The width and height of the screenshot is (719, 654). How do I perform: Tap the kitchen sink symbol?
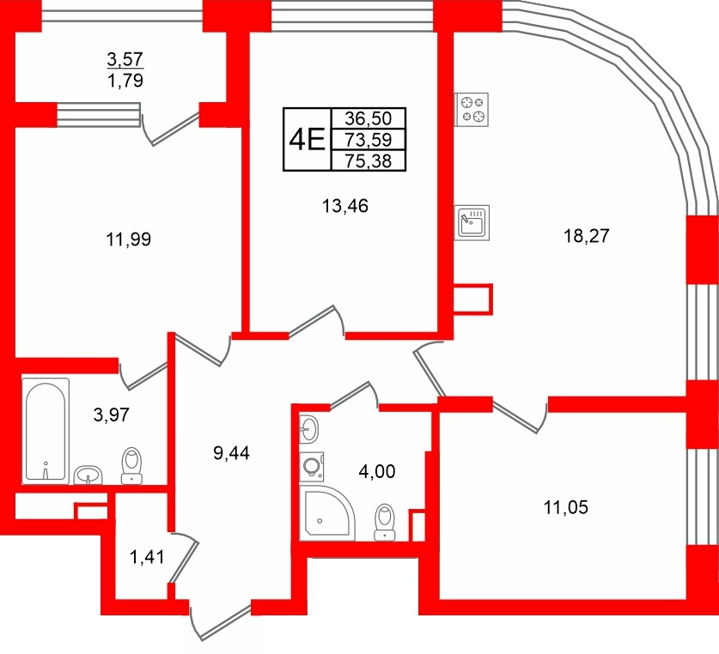pyautogui.click(x=472, y=222)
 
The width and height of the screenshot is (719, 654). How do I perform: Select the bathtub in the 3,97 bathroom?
pyautogui.click(x=46, y=431)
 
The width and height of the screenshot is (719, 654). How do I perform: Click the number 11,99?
pyautogui.click(x=129, y=239)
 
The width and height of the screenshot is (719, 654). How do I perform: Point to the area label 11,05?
pyautogui.click(x=565, y=507)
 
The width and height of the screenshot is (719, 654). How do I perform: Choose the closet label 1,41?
pyautogui.click(x=145, y=559)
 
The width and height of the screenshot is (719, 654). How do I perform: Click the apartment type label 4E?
pyautogui.click(x=306, y=138)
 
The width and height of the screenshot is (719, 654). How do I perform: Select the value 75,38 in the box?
pyautogui.click(x=368, y=160)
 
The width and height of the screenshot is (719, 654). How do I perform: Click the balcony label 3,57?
pyautogui.click(x=125, y=59)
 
